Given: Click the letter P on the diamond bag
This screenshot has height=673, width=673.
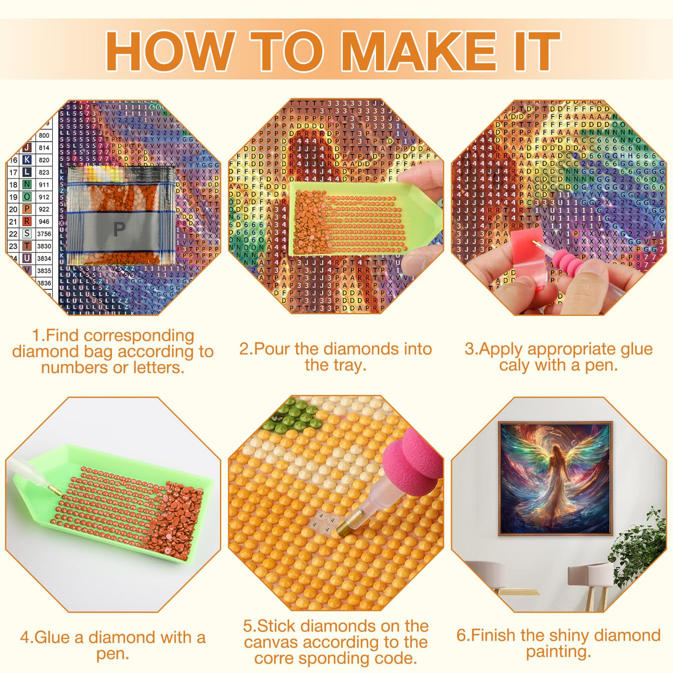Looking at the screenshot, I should [119, 228].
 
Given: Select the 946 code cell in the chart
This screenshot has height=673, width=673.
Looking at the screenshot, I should [44, 222].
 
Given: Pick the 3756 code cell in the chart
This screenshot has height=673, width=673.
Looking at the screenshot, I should [44, 234].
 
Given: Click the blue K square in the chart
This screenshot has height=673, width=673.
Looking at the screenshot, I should [27, 160].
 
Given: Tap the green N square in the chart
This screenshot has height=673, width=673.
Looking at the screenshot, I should [27, 185].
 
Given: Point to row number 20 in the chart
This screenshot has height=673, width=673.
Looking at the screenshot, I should [13, 210].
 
